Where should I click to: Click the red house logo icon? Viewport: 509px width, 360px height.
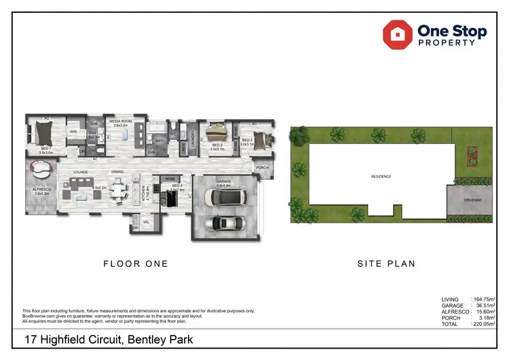pos(398,33)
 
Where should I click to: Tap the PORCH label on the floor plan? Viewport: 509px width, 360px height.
pos(262,167)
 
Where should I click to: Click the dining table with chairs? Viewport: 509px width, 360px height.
pos(118,190)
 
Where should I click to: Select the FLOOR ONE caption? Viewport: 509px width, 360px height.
pos(136,264)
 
